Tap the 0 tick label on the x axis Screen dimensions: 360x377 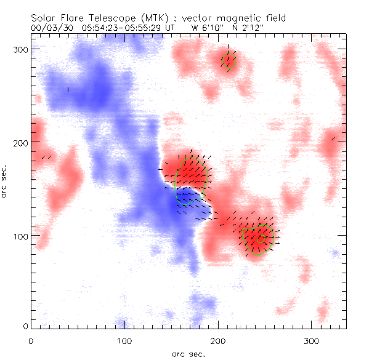click(x=31, y=340)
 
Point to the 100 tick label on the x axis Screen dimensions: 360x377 click(x=124, y=340)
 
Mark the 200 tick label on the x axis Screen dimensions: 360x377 click(x=218, y=340)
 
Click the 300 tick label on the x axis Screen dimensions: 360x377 click(x=312, y=340)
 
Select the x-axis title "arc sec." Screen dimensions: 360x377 click(x=188, y=353)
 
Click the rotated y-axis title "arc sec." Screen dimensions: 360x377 click(x=6, y=181)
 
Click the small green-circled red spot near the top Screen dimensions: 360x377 click(x=229, y=60)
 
